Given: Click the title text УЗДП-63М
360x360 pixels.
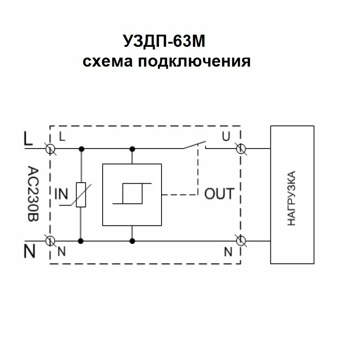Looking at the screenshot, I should [x=166, y=43].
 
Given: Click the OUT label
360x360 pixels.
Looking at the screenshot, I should [x=219, y=194].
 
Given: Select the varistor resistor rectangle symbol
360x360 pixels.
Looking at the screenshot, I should [x=81, y=194].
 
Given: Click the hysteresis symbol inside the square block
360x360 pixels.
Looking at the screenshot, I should [x=132, y=194].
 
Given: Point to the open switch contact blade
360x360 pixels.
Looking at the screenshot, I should [x=193, y=144].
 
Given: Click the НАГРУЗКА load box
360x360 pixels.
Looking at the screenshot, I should [x=292, y=194].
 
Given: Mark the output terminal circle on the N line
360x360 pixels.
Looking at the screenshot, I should [x=241, y=241].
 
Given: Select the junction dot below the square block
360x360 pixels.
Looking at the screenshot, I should [x=132, y=241].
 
